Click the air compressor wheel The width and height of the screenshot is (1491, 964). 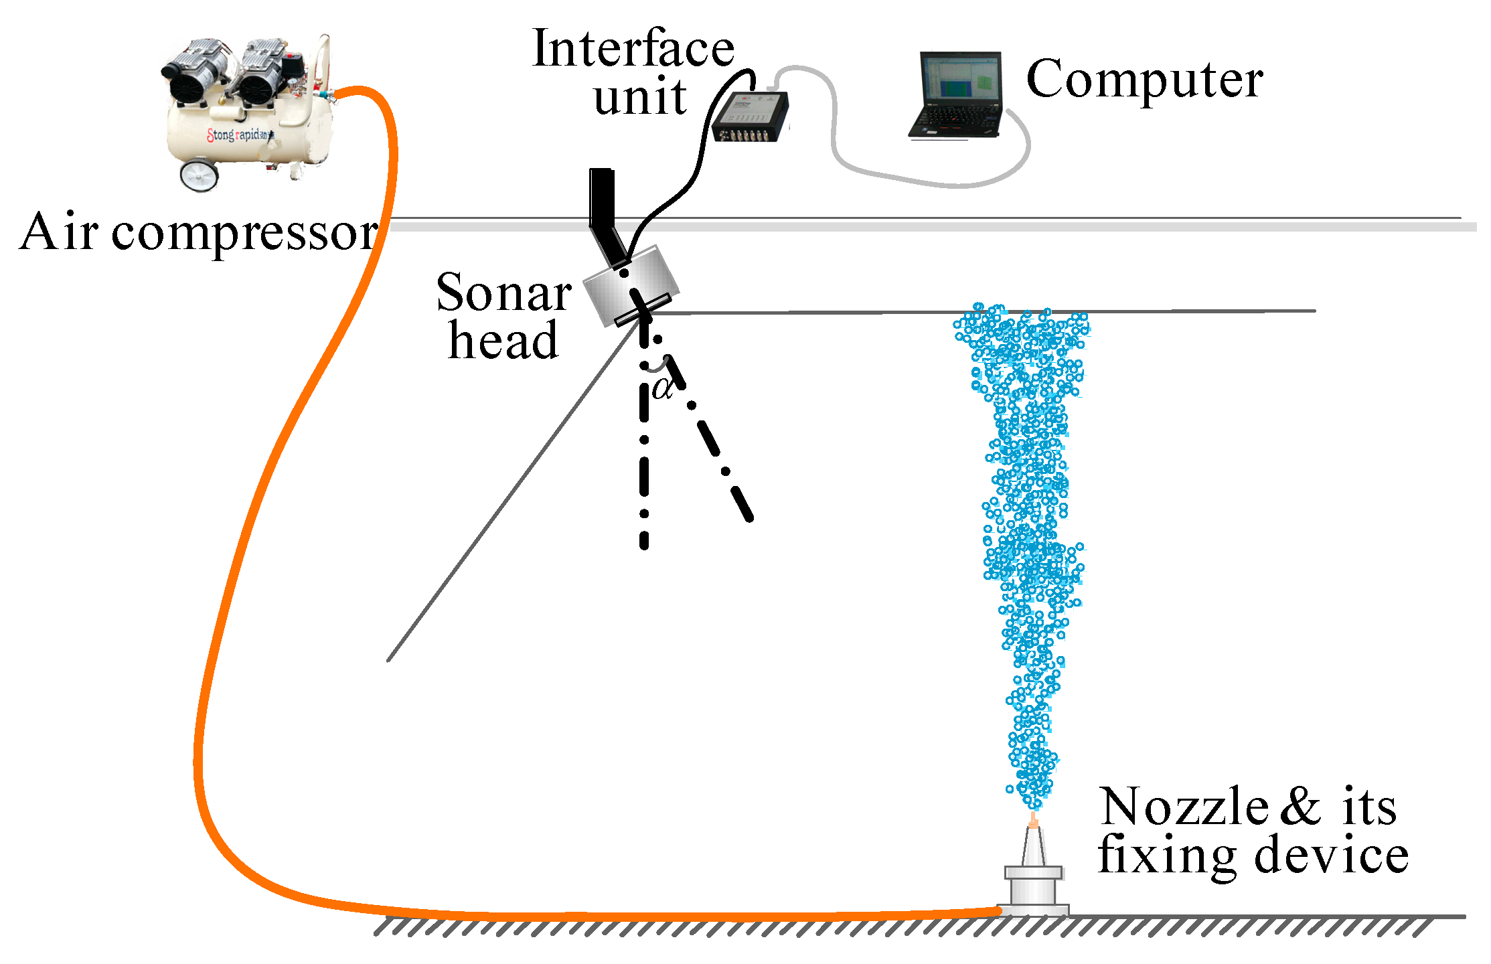(199, 175)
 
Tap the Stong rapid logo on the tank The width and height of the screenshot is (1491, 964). (238, 135)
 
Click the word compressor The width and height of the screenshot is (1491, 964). (244, 233)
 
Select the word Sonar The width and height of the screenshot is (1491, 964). (503, 293)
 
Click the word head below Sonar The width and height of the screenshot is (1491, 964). (503, 340)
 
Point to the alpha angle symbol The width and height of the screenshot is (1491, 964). (663, 388)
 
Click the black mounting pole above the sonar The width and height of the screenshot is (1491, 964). (602, 201)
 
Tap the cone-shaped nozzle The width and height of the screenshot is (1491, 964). (1033, 847)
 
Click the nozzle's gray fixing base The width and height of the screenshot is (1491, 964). (1033, 890)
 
